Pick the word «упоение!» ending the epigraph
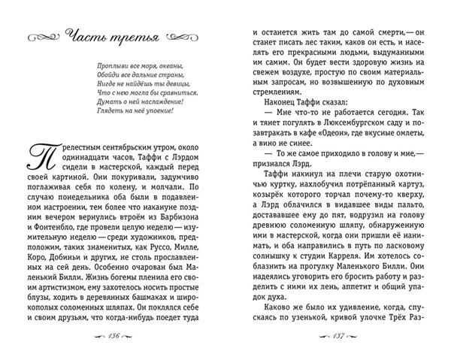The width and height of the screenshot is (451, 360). [156, 110]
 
